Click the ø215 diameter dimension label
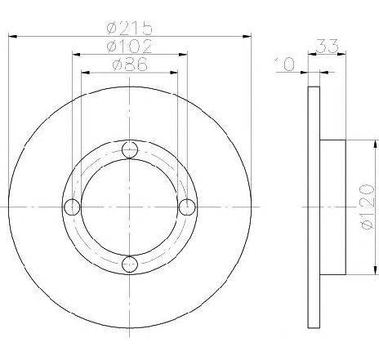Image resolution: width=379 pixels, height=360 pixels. [x=129, y=28]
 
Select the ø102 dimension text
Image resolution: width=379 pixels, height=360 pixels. [x=129, y=46]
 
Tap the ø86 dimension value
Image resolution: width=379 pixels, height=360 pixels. [x=130, y=64]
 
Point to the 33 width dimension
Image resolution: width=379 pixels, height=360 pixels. [x=328, y=46]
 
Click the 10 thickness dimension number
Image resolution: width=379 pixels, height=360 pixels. [x=285, y=64]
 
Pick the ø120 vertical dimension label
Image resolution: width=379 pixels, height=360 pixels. [x=368, y=207]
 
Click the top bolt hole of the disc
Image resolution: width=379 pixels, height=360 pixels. [x=130, y=149]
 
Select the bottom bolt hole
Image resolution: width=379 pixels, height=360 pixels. [x=130, y=264]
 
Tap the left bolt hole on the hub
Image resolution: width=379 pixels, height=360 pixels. [x=72, y=207]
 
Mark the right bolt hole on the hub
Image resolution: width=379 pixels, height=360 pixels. [x=187, y=207]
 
